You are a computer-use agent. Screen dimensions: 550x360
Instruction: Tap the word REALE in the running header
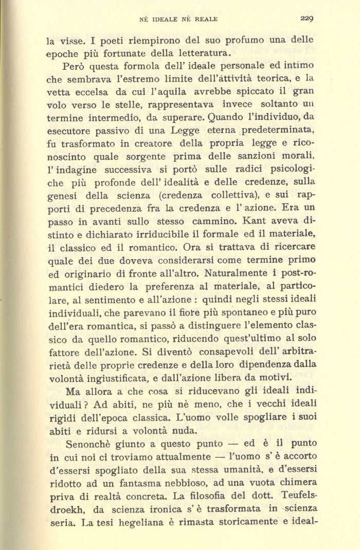click(x=204, y=20)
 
